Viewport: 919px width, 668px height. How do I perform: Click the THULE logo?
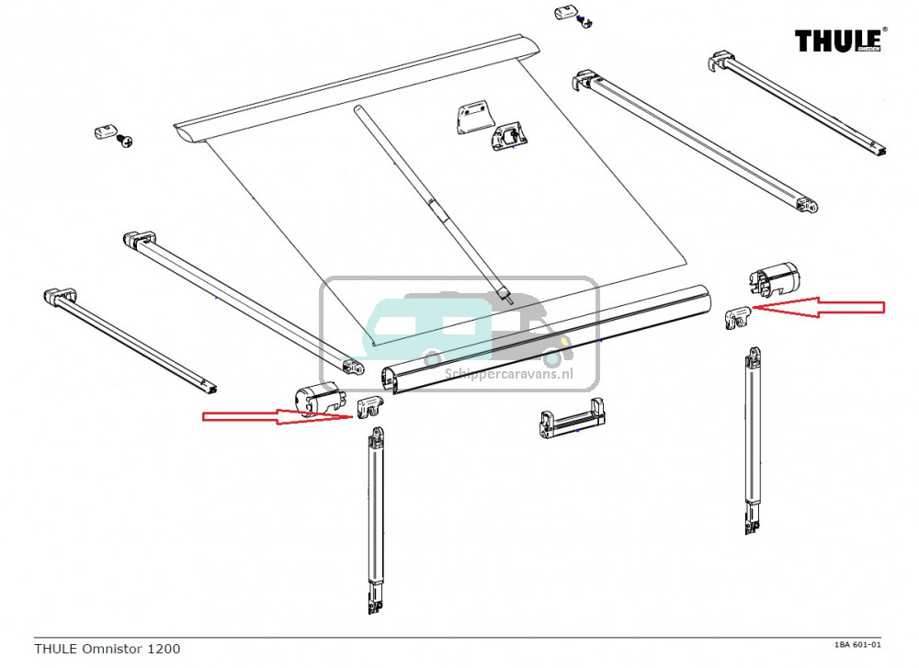coord(841,41)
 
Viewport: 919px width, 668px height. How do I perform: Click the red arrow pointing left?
coord(819,308)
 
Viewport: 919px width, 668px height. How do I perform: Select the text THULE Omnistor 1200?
coord(107,649)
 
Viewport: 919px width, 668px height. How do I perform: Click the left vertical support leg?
coord(375,515)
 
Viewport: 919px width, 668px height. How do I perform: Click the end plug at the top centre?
coord(565,14)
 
